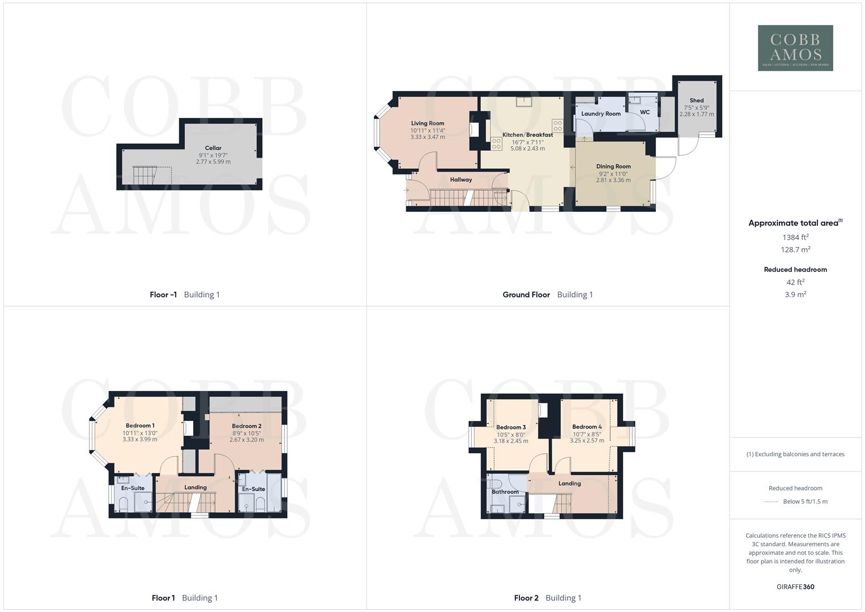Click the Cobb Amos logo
[x=795, y=48]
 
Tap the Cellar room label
[x=213, y=148]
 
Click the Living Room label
[x=428, y=123]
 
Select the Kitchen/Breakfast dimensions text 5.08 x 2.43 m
[x=527, y=148]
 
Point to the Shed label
[x=696, y=100]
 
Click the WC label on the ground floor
[x=645, y=112]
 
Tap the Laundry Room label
[x=600, y=113]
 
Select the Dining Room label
[x=613, y=167]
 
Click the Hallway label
[x=461, y=180]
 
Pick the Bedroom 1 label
[x=140, y=426]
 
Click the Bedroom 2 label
[x=246, y=426]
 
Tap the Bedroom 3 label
[x=510, y=427]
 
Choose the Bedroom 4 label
[x=586, y=427]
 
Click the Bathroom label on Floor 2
[x=505, y=492]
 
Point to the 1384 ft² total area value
[x=795, y=237]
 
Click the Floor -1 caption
[x=163, y=295]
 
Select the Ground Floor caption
[x=526, y=295]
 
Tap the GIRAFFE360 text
[x=795, y=586]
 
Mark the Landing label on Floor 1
[x=195, y=487]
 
